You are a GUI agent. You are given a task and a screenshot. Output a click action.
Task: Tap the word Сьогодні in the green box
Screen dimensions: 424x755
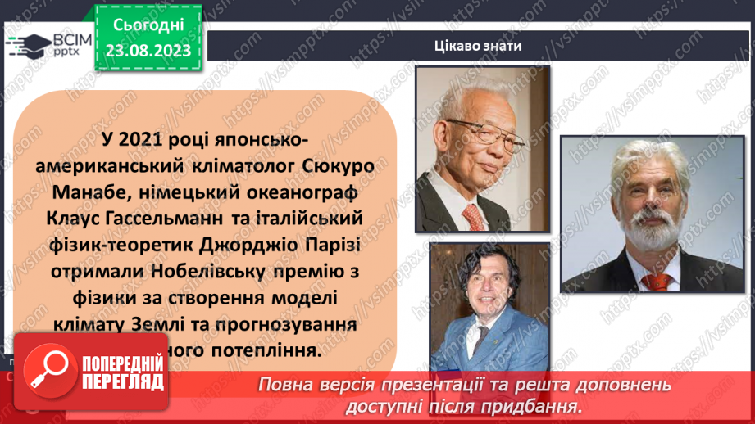point(148,26)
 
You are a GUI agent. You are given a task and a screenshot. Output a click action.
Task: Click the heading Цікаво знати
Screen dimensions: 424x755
point(478,45)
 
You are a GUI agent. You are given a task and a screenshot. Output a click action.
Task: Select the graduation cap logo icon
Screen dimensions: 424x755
point(26,44)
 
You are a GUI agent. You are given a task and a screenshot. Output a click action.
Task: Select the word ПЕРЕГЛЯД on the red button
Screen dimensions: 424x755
point(122,383)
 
